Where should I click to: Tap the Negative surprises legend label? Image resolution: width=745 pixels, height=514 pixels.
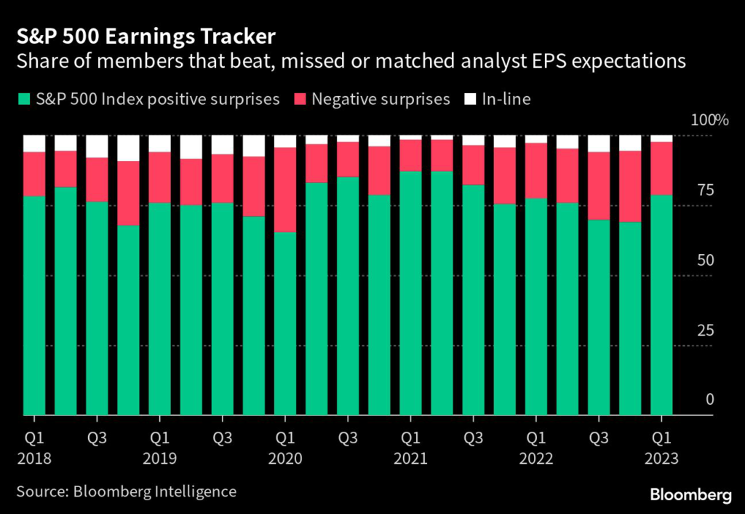[381, 99]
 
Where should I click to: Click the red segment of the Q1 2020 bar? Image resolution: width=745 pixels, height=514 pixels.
[284, 189]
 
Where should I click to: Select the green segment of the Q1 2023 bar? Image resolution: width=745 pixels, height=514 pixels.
[661, 306]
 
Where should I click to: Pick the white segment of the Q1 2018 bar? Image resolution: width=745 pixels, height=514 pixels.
[34, 143]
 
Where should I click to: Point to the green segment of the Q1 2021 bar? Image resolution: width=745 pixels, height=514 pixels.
[410, 291]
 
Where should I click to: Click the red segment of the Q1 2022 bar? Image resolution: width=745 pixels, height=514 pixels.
[535, 170]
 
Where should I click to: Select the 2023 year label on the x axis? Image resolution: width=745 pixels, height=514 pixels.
[661, 459]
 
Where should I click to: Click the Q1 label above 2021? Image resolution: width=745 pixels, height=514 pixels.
[410, 439]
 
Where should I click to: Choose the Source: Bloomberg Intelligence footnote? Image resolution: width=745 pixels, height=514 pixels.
[127, 491]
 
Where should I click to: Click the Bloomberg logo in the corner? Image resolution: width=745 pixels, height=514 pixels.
[691, 495]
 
